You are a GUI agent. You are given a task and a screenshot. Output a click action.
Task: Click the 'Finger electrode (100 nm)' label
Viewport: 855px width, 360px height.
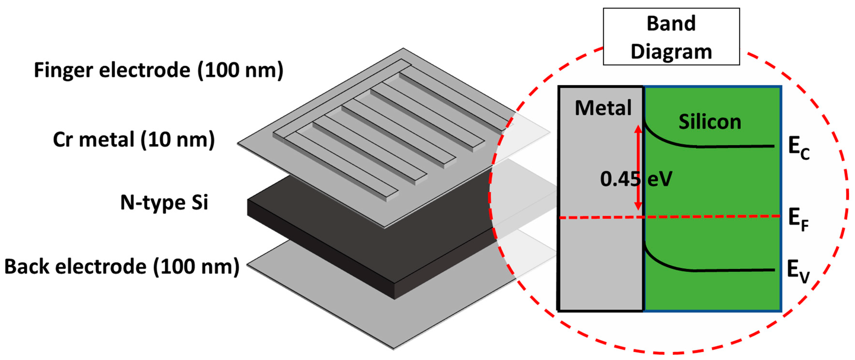click(x=159, y=70)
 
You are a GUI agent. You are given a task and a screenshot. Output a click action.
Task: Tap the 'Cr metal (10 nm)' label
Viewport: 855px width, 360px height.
click(x=134, y=140)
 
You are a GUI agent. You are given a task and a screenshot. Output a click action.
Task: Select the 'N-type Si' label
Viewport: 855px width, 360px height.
click(x=164, y=203)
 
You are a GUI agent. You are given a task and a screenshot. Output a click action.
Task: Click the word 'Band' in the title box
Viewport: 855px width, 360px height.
click(x=671, y=24)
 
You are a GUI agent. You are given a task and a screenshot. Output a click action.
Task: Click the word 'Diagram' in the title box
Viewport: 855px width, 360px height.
click(x=671, y=52)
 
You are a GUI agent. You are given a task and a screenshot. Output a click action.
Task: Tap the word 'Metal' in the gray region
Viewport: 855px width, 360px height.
click(x=603, y=108)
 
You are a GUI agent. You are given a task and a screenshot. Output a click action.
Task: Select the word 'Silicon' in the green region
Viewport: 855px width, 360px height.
click(x=710, y=122)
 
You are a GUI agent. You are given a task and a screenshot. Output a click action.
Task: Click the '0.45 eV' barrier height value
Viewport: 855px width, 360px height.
click(x=636, y=179)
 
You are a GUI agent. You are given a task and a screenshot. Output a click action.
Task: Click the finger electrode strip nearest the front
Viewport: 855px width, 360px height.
click(x=342, y=166)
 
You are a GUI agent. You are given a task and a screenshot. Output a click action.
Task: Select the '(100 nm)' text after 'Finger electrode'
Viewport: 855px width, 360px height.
click(x=240, y=70)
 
